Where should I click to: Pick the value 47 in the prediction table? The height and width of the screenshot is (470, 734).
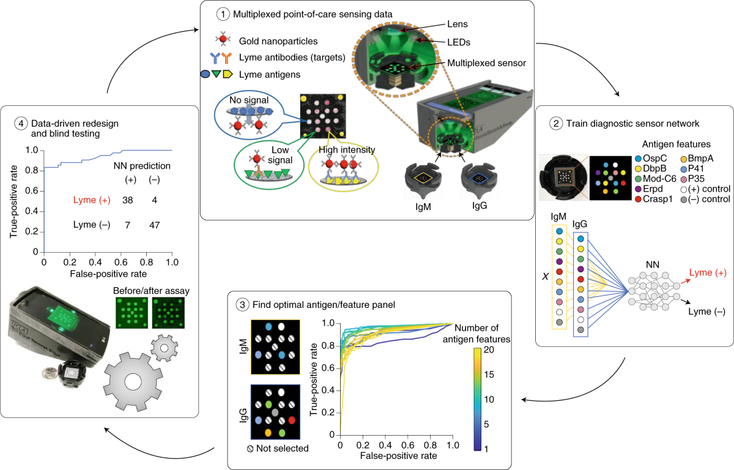click(x=154, y=225)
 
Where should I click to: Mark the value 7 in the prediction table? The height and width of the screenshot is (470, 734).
click(x=127, y=225)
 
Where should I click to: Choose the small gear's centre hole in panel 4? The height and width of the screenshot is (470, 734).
click(x=163, y=349)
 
